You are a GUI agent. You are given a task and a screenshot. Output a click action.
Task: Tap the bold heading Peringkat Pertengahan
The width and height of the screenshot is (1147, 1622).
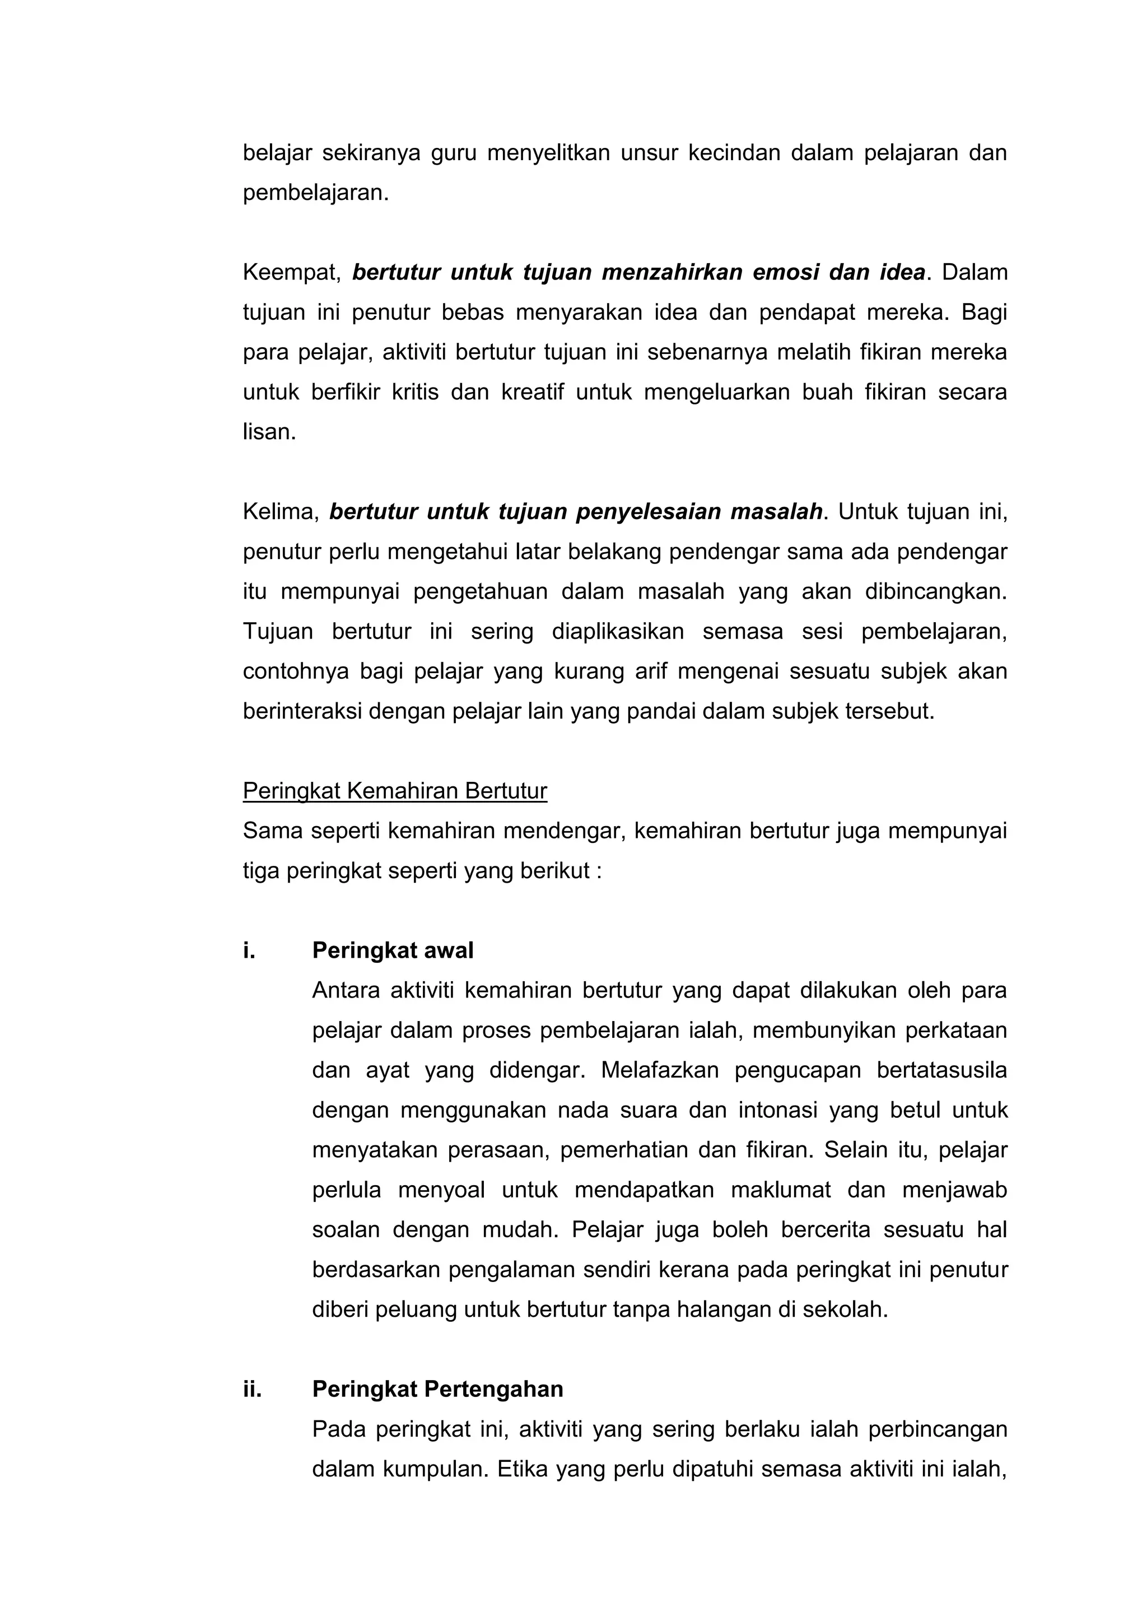click(x=437, y=1389)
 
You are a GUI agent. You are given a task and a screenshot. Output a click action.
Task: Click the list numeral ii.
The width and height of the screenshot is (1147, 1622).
click(x=252, y=1389)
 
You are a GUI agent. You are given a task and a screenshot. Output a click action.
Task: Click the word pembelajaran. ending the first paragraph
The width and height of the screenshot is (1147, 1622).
click(x=316, y=193)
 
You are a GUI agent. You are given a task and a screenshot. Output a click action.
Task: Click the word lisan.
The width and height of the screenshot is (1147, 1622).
click(x=269, y=432)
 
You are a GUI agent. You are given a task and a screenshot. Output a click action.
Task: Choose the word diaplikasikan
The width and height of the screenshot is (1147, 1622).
click(x=617, y=631)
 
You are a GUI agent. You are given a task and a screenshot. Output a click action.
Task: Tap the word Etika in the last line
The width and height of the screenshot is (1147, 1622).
click(x=523, y=1469)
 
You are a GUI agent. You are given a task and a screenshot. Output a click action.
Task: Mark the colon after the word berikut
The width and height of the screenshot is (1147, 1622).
click(x=599, y=871)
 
